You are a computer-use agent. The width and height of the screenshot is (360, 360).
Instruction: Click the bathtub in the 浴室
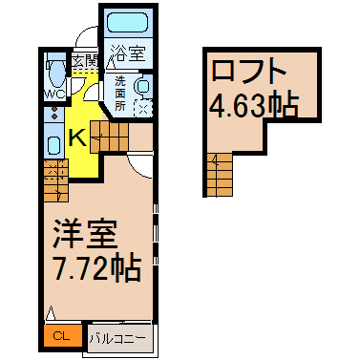point(128,22)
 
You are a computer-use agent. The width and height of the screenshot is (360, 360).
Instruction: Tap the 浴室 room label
point(128,53)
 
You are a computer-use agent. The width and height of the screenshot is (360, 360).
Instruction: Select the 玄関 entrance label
point(85,60)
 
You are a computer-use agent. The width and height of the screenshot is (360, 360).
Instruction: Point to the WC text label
point(54,95)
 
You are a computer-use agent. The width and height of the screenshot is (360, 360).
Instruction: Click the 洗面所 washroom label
point(120,94)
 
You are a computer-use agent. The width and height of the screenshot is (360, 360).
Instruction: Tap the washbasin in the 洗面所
point(142,86)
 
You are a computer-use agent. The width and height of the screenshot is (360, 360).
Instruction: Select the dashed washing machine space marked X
point(143,108)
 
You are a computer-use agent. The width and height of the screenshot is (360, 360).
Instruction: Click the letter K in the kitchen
point(77,138)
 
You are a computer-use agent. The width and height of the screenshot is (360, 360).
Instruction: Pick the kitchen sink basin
point(53,144)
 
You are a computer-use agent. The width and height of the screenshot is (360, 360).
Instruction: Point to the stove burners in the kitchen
point(54,114)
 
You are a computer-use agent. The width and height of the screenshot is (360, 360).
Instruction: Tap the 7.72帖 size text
point(97,267)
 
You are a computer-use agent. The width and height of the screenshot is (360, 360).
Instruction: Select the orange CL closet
point(63,336)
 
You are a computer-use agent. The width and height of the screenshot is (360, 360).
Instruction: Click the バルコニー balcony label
point(119,338)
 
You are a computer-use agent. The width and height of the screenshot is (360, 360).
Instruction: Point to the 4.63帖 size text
point(254,104)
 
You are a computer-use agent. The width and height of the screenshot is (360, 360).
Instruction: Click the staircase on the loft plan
point(220,175)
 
